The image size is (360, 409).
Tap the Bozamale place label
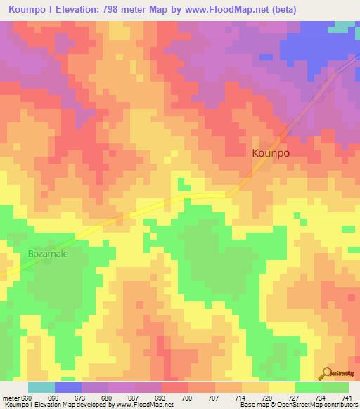pyautogui.click(x=48, y=254)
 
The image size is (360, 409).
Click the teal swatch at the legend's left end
pyautogui.click(x=41, y=387)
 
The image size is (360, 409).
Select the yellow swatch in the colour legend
pyautogui.click(x=282, y=387)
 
